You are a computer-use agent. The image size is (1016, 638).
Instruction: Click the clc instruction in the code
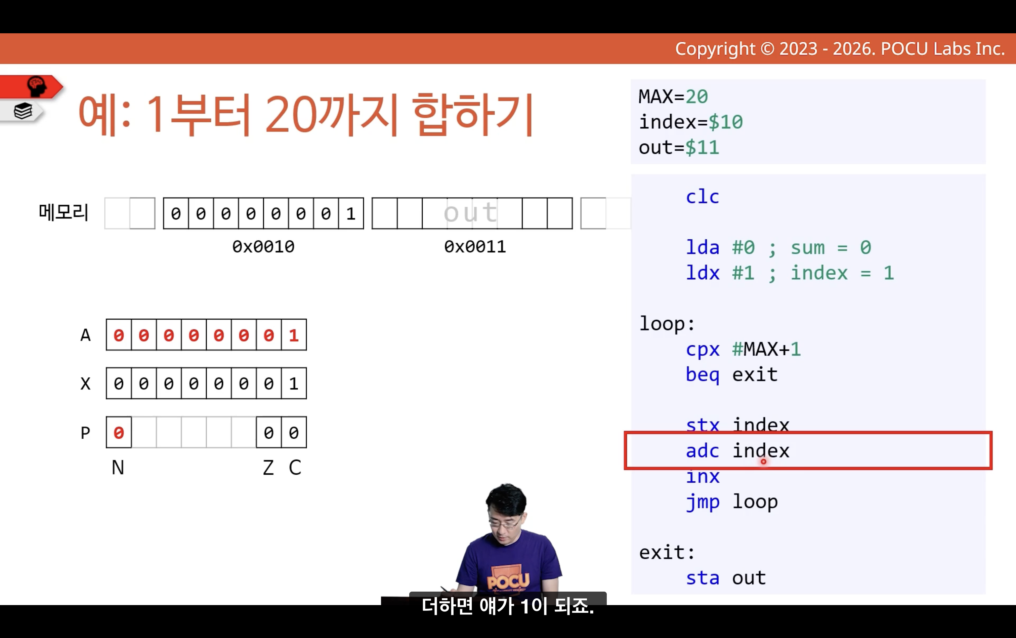point(702,197)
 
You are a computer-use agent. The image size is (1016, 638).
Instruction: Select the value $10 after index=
point(725,122)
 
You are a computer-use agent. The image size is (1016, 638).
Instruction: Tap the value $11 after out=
point(702,148)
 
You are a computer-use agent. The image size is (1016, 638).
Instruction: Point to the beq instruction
point(702,375)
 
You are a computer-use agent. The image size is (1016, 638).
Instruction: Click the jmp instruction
point(702,502)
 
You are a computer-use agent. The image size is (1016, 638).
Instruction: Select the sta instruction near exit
point(702,578)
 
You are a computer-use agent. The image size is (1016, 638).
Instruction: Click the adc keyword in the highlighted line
point(702,451)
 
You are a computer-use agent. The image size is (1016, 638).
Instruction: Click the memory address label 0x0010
point(263,247)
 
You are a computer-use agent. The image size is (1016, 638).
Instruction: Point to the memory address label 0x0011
point(475,247)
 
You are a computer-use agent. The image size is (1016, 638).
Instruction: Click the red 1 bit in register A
point(294,335)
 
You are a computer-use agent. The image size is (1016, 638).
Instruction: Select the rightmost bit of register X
point(294,384)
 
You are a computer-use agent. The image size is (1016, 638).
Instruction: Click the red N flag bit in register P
point(119,433)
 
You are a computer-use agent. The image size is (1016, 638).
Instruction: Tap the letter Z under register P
point(268,468)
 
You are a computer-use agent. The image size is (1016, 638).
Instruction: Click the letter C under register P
point(295,468)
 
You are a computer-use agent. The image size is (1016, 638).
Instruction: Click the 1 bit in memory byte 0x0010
point(351,214)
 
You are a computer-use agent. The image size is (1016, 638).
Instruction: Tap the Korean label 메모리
point(64,212)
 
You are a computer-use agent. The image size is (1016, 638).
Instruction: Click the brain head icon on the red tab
point(37,86)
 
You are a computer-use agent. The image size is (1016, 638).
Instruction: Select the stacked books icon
point(23,111)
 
